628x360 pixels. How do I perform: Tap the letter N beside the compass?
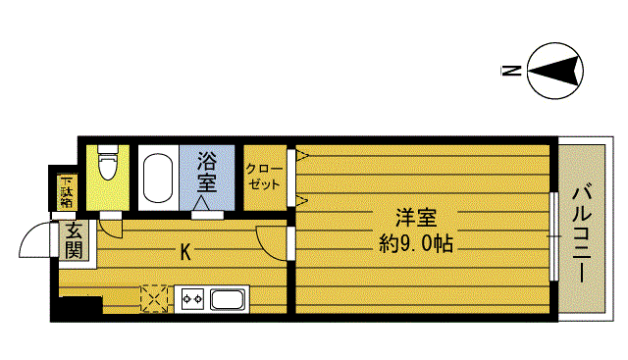[x=508, y=71]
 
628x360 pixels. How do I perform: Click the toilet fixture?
[x=108, y=164]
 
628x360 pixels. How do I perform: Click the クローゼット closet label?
[x=264, y=176]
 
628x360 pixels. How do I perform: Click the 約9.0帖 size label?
[x=416, y=242]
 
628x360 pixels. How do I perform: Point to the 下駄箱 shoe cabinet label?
[x=66, y=190]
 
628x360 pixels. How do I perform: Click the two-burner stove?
[x=190, y=298]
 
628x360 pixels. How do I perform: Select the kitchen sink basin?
[x=229, y=299]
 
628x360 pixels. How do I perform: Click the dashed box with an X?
[x=155, y=297]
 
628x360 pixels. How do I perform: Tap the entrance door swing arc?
[x=39, y=241]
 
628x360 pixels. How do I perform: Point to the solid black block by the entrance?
[x=79, y=306]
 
